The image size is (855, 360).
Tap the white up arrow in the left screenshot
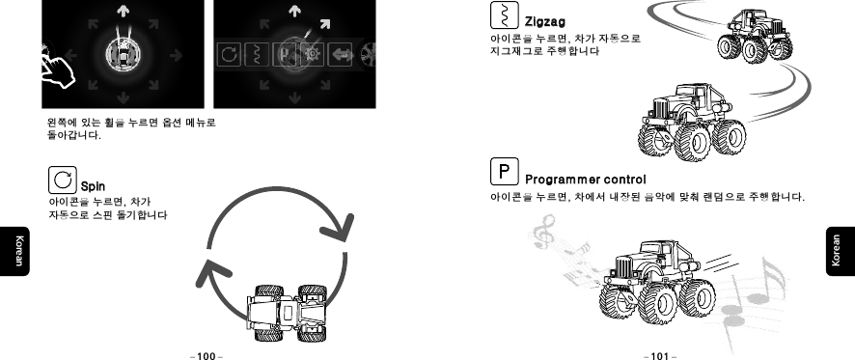pos(124,11)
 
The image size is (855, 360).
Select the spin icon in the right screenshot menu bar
pos(229,55)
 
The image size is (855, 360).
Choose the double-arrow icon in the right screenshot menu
pos(339,56)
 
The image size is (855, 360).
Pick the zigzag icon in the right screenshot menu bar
pos(255,55)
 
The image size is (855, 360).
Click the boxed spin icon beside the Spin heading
pos(63,179)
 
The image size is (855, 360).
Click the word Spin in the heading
pos(93,185)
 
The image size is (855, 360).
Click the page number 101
pos(660,354)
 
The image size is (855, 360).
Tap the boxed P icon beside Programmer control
pos(504,174)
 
